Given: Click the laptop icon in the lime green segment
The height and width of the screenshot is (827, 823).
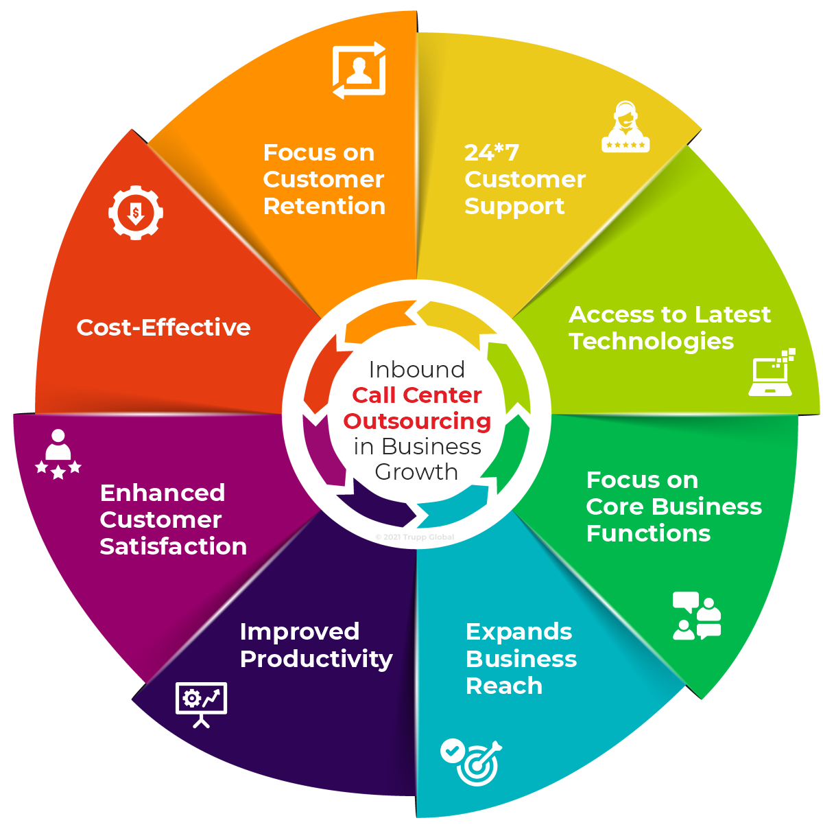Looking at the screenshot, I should pos(771,373).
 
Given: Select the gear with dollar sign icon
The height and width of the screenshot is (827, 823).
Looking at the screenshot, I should pos(136,212).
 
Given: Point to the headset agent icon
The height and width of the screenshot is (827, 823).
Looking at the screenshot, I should pos(625,128).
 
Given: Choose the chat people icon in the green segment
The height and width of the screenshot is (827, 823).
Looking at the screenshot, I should pos(697,616).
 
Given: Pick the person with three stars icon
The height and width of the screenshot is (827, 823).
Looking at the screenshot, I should pos(58,454).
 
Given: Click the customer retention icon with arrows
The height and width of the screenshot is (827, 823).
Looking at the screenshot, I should pos(359,71).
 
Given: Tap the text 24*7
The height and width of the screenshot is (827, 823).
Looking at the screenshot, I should pos(491,152).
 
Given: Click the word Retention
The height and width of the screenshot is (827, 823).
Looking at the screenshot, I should pos(324,206).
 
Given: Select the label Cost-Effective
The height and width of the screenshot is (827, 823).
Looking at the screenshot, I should pos(163,327).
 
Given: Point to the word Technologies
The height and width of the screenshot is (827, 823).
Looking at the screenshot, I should pos(651,341).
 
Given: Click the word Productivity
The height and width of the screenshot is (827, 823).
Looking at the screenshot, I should pos(316,659).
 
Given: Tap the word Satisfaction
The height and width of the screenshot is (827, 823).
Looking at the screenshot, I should pos(173,546).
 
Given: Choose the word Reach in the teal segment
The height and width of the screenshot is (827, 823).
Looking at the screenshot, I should pos(503,686).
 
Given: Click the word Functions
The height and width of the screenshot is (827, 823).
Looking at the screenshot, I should pos(648,533).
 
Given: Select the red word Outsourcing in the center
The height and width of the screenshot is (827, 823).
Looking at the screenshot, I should pos(417,421).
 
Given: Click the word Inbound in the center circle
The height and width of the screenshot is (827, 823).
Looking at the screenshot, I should pos(416,369).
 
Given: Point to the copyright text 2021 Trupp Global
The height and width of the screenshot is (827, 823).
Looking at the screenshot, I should pos(416,537).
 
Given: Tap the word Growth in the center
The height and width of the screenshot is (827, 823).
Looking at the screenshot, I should pos(416,472).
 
